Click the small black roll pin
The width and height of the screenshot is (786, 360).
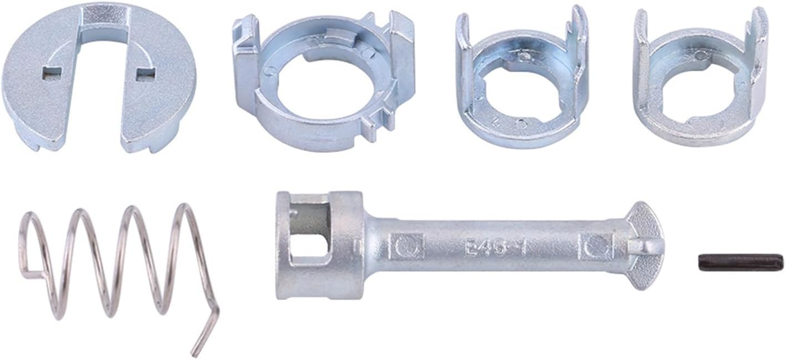coord(740,261)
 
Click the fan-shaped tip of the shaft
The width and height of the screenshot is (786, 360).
coord(647,245)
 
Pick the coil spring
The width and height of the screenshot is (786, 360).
coord(112,265)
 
